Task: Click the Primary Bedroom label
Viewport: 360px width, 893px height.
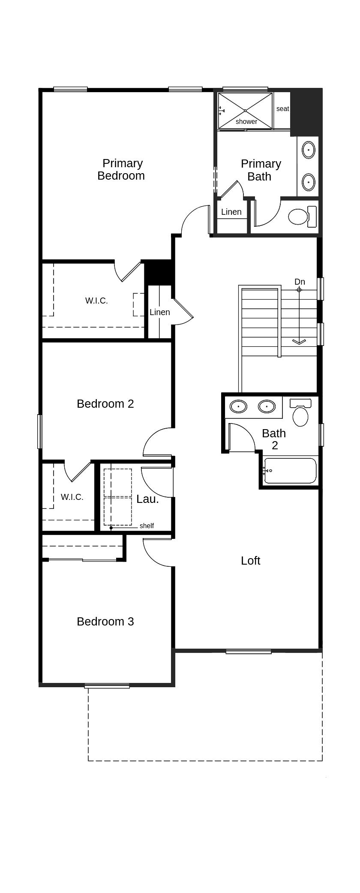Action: (121, 169)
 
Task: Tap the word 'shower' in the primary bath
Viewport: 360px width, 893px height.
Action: (246, 121)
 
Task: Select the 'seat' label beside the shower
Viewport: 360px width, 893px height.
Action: (282, 109)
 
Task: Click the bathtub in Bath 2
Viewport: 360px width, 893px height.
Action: (290, 471)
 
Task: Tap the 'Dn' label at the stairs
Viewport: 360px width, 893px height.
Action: (300, 282)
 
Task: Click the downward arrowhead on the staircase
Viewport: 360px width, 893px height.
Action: (299, 342)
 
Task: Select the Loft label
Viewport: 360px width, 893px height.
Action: (250, 561)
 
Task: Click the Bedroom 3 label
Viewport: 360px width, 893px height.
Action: (105, 622)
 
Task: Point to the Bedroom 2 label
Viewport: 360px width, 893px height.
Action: (105, 404)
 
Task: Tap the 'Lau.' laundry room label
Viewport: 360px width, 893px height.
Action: (147, 499)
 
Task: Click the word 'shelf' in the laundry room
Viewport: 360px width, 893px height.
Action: (147, 526)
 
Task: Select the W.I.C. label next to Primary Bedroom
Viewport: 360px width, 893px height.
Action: (96, 301)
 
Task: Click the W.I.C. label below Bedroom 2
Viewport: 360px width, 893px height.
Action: (72, 497)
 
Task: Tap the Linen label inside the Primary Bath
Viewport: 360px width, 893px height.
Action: (231, 212)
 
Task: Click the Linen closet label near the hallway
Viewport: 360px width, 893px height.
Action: (160, 312)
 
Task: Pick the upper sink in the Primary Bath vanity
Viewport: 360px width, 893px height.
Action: (308, 150)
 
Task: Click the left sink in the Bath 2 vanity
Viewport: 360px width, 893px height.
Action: (238, 406)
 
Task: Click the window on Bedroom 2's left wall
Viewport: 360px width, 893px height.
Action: (40, 431)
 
